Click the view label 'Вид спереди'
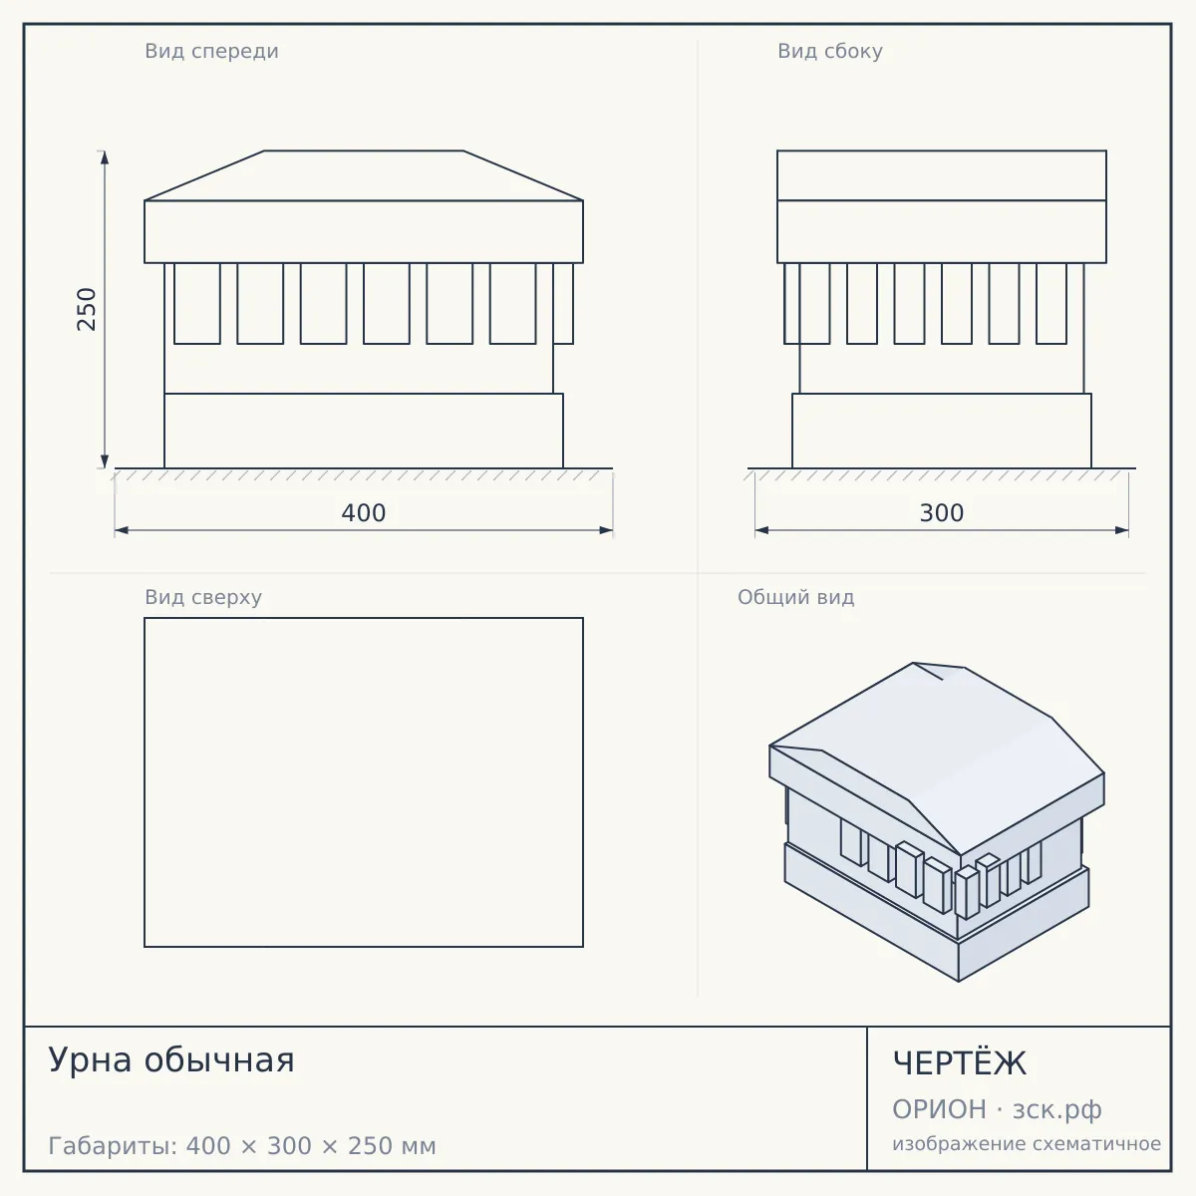coord(211,52)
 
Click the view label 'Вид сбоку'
coord(830,52)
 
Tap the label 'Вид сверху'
coord(203,597)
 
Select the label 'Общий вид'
coord(795,597)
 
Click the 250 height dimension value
coord(87,309)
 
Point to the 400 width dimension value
coord(364,513)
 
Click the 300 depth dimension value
coord(942,513)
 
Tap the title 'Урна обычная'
coord(171,1060)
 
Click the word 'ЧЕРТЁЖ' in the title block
coord(960,1063)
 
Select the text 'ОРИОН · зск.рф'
coord(997,1109)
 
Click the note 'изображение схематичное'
coord(1027,1144)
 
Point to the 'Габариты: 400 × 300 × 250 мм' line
coord(242,1146)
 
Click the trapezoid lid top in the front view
coord(364,175)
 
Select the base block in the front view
coord(364,431)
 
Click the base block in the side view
coord(942,431)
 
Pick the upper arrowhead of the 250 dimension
coord(105,157)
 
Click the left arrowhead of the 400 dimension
coord(122,530)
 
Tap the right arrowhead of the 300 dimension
coord(1121,530)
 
